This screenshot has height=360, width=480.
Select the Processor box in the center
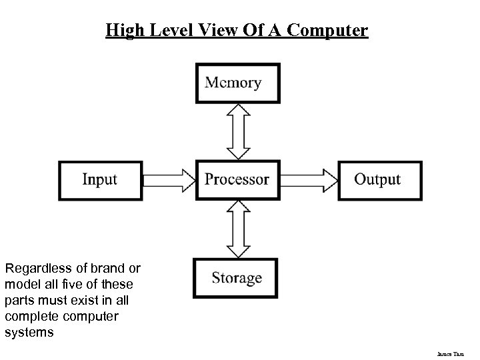click(237, 179)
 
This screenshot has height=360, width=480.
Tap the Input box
click(100, 179)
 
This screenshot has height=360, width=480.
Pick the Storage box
click(237, 278)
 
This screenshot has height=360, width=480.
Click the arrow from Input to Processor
click(167, 179)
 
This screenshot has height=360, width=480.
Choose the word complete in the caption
click(29, 316)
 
